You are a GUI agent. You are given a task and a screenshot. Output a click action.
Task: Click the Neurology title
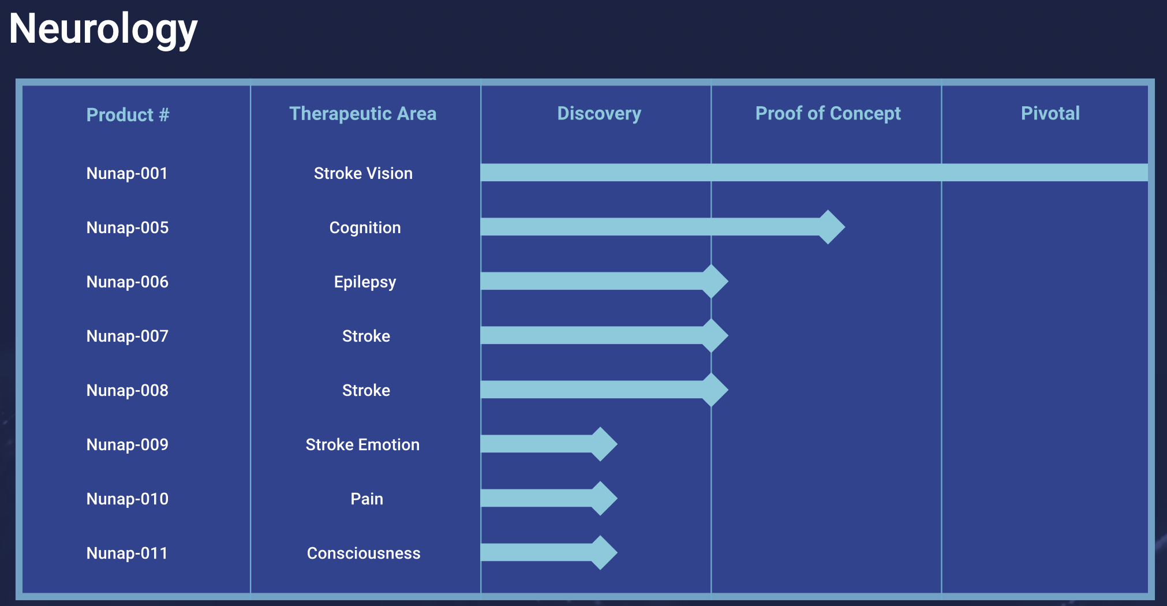coord(103,29)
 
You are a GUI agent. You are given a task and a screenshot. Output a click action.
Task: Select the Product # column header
coord(128,115)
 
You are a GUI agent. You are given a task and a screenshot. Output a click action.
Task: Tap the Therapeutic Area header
coord(362,114)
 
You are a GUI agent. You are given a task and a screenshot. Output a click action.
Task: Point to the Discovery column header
coord(599,114)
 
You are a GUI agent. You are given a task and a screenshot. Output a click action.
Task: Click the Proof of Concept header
coord(828,114)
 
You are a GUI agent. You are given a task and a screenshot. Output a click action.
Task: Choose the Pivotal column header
coord(1050,113)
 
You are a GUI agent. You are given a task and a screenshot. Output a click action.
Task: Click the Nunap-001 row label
coord(127,173)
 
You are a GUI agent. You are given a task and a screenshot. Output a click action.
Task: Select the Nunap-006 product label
coord(127,282)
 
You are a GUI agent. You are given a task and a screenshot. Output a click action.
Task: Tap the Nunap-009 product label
coord(127,444)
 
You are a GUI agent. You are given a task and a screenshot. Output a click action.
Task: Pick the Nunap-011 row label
coord(127,553)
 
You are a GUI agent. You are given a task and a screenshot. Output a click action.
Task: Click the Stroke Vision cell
coord(363,173)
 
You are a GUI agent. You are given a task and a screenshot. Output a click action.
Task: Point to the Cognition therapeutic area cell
coord(365,228)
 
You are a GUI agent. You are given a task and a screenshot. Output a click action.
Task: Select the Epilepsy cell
coord(365,282)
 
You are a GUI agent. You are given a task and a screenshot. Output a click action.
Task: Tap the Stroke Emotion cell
coord(362,444)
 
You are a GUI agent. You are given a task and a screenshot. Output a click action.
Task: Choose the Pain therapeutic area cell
coord(366,499)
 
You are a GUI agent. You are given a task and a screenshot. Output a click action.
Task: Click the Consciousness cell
coord(364,553)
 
